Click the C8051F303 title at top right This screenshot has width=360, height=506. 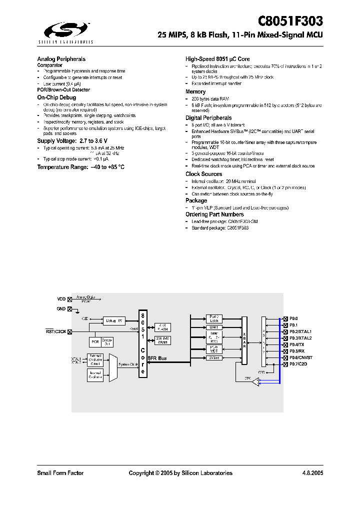(290, 21)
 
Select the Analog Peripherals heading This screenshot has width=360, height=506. (61, 59)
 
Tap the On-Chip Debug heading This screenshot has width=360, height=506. (56, 97)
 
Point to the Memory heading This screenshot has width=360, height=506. (195, 91)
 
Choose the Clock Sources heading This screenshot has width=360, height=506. (203, 174)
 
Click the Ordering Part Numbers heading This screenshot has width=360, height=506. (214, 214)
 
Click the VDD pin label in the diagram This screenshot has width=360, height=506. (61, 299)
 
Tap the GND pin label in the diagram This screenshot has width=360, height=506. (61, 309)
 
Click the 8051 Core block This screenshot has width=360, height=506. (142, 344)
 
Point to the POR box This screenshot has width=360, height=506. (94, 342)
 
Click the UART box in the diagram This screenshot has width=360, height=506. (214, 327)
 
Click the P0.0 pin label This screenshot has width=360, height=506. (293, 318)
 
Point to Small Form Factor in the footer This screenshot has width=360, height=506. (60, 473)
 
